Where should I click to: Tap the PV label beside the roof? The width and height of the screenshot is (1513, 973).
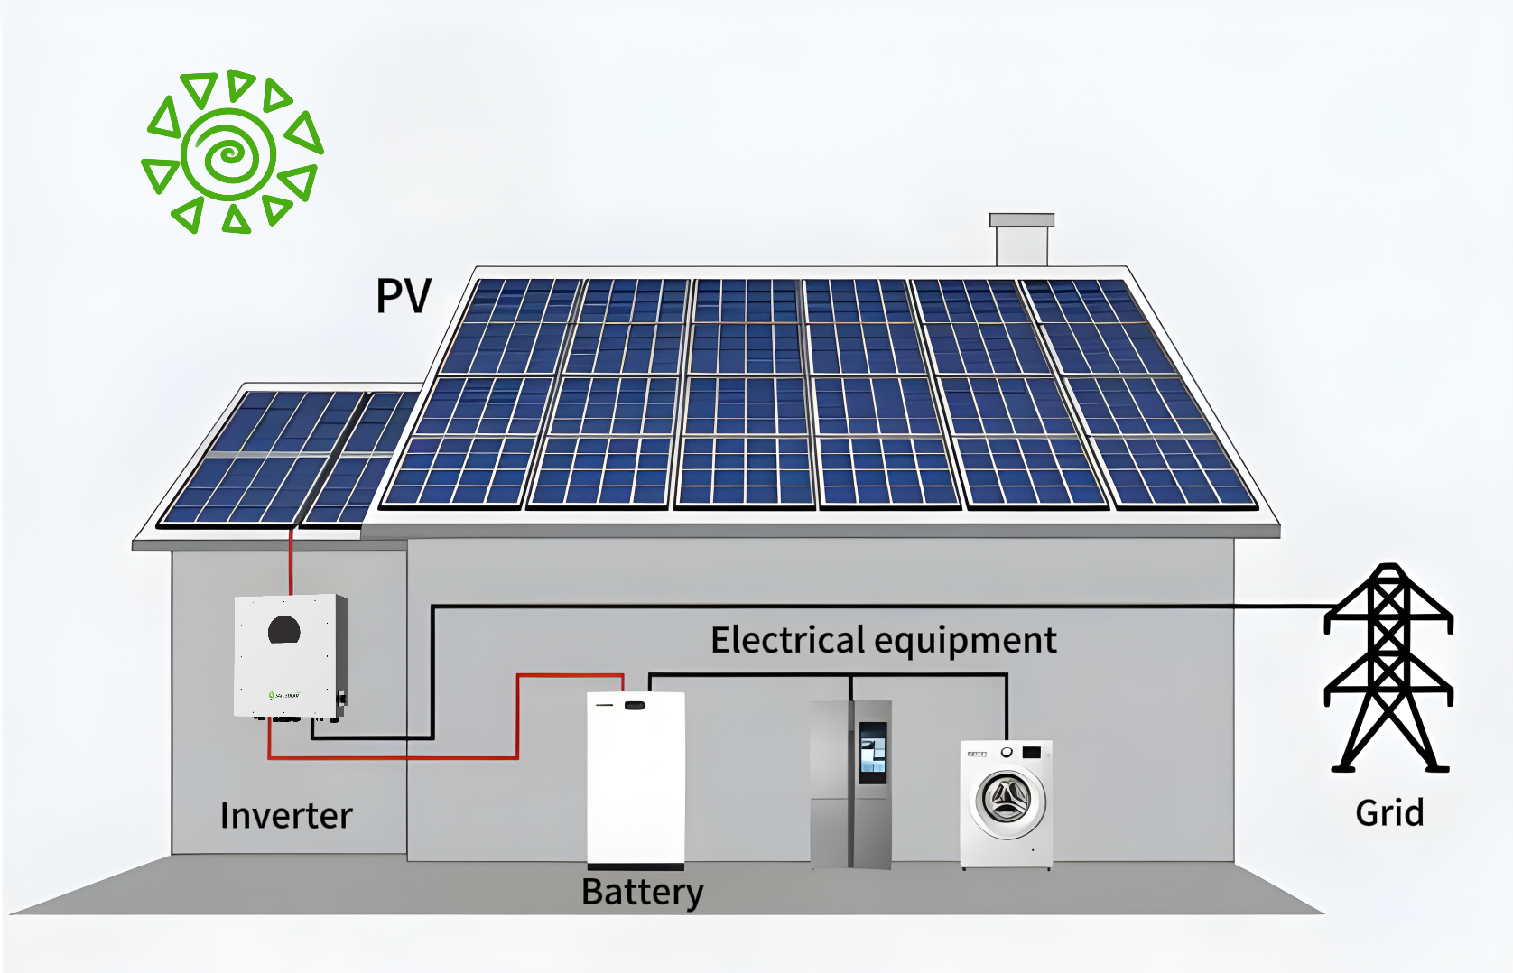click(403, 296)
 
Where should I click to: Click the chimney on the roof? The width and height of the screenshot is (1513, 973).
click(1022, 240)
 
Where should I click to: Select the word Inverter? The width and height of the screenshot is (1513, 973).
click(286, 816)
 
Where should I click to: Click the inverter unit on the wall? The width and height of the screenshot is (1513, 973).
click(289, 655)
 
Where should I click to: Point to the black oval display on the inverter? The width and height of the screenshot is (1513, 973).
click(284, 629)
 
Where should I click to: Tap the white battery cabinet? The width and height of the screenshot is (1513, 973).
click(636, 781)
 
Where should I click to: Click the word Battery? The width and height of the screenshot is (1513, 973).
click(642, 892)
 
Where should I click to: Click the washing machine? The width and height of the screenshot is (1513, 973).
click(1007, 803)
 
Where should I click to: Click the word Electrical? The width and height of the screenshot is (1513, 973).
click(787, 641)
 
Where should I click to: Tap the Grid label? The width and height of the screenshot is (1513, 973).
click(1389, 813)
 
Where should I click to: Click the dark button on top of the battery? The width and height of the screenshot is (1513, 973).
click(635, 704)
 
